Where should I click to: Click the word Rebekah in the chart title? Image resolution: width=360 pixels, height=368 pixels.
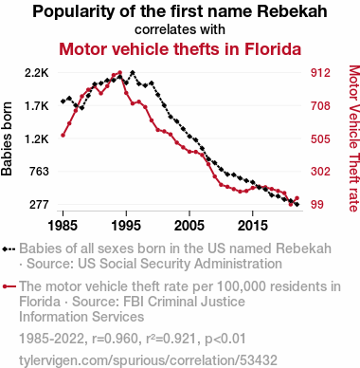pyautogui.click(x=292, y=11)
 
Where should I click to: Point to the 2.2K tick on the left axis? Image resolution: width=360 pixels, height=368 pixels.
pyautogui.click(x=37, y=73)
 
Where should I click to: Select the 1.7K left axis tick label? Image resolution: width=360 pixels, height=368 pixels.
pyautogui.click(x=37, y=106)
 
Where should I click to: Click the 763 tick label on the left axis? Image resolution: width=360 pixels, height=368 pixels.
pyautogui.click(x=39, y=172)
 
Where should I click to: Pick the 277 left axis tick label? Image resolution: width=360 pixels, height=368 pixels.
pyautogui.click(x=39, y=205)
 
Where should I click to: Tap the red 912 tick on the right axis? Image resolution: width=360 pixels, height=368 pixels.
pyautogui.click(x=320, y=73)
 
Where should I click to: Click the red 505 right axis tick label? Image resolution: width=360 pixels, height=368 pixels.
pyautogui.click(x=320, y=138)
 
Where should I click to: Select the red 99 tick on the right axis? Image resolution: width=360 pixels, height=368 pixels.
pyautogui.click(x=317, y=205)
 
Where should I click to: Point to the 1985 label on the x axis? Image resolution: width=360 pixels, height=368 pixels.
pyautogui.click(x=63, y=226)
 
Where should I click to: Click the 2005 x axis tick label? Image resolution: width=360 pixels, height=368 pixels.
pyautogui.click(x=189, y=226)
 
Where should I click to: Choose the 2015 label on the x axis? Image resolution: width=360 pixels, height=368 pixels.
pyautogui.click(x=252, y=226)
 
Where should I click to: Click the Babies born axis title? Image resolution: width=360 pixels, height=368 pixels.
pyautogui.click(x=7, y=138)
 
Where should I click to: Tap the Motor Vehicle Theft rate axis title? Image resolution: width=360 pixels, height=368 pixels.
pyautogui.click(x=354, y=138)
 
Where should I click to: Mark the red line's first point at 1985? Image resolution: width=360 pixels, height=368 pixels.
pyautogui.click(x=63, y=136)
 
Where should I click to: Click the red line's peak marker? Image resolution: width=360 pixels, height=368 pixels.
pyautogui.click(x=119, y=73)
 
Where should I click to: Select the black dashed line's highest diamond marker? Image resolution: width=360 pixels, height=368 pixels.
pyautogui.click(x=133, y=73)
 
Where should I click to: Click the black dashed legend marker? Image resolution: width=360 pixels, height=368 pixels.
pyautogui.click(x=9, y=249)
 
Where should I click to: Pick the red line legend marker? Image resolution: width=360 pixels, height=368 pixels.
pyautogui.click(x=9, y=286)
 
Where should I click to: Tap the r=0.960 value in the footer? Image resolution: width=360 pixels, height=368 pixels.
pyautogui.click(x=115, y=339)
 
